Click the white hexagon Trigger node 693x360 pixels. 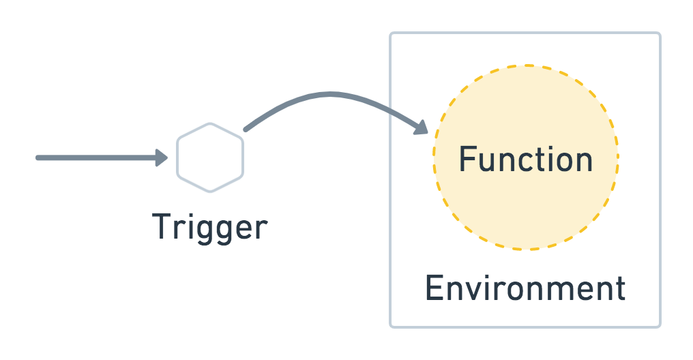point(210,157)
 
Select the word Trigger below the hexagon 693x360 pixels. point(209,227)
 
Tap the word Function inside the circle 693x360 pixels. point(525,159)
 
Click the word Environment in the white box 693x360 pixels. point(525,288)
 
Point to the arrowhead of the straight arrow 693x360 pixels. point(162,158)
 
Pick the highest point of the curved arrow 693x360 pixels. point(331,95)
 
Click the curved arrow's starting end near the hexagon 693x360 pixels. point(246,129)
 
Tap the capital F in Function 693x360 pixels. point(467,159)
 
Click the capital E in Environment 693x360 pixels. point(434,288)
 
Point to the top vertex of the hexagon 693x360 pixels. point(210,123)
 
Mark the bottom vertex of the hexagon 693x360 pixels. point(210,192)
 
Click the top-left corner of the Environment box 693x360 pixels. point(391,33)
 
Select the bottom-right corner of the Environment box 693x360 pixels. point(660,326)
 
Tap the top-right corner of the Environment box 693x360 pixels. point(660,33)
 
